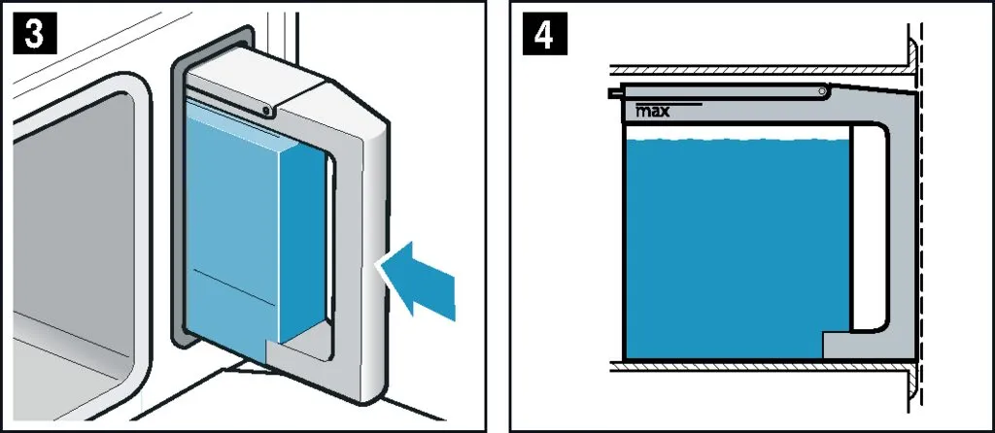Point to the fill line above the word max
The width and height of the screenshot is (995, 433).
click(x=669, y=103)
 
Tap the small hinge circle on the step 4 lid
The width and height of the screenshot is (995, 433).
click(x=822, y=92)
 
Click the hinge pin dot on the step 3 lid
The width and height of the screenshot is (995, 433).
click(x=268, y=111)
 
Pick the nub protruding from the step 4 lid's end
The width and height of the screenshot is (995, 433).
click(x=614, y=93)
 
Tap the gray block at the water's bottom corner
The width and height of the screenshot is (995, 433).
click(x=838, y=346)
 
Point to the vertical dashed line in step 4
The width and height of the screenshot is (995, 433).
click(x=920, y=216)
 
